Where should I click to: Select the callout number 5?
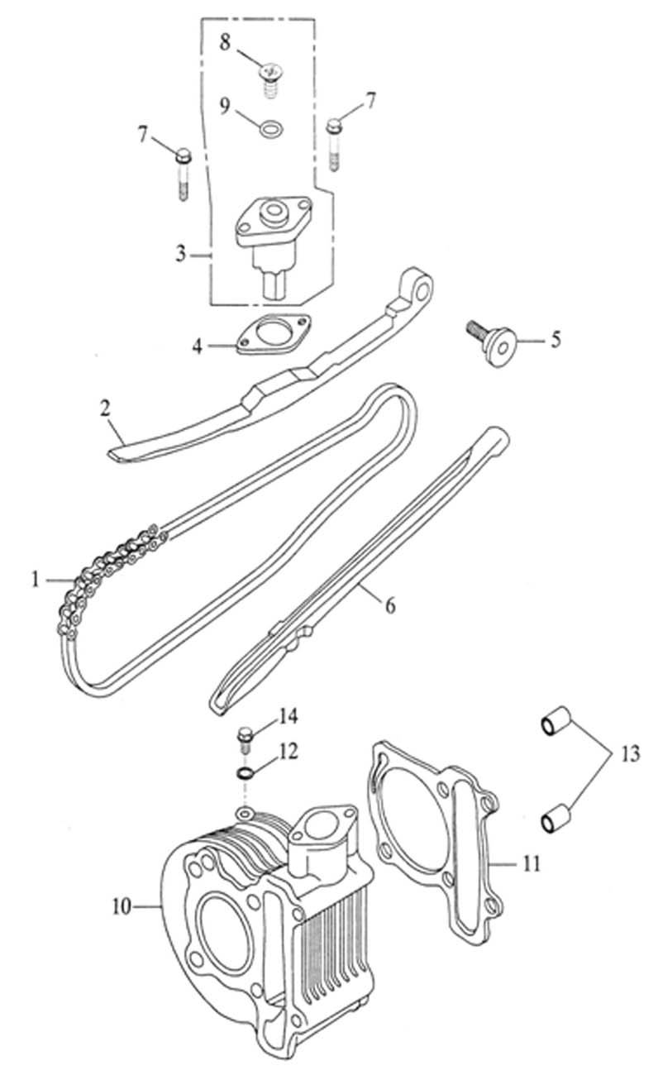click(x=556, y=339)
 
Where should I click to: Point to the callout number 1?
click(x=36, y=580)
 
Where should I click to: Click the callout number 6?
click(x=389, y=605)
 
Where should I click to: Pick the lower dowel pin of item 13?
click(x=553, y=819)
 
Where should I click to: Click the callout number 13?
click(x=630, y=754)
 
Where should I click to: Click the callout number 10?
click(x=122, y=906)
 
